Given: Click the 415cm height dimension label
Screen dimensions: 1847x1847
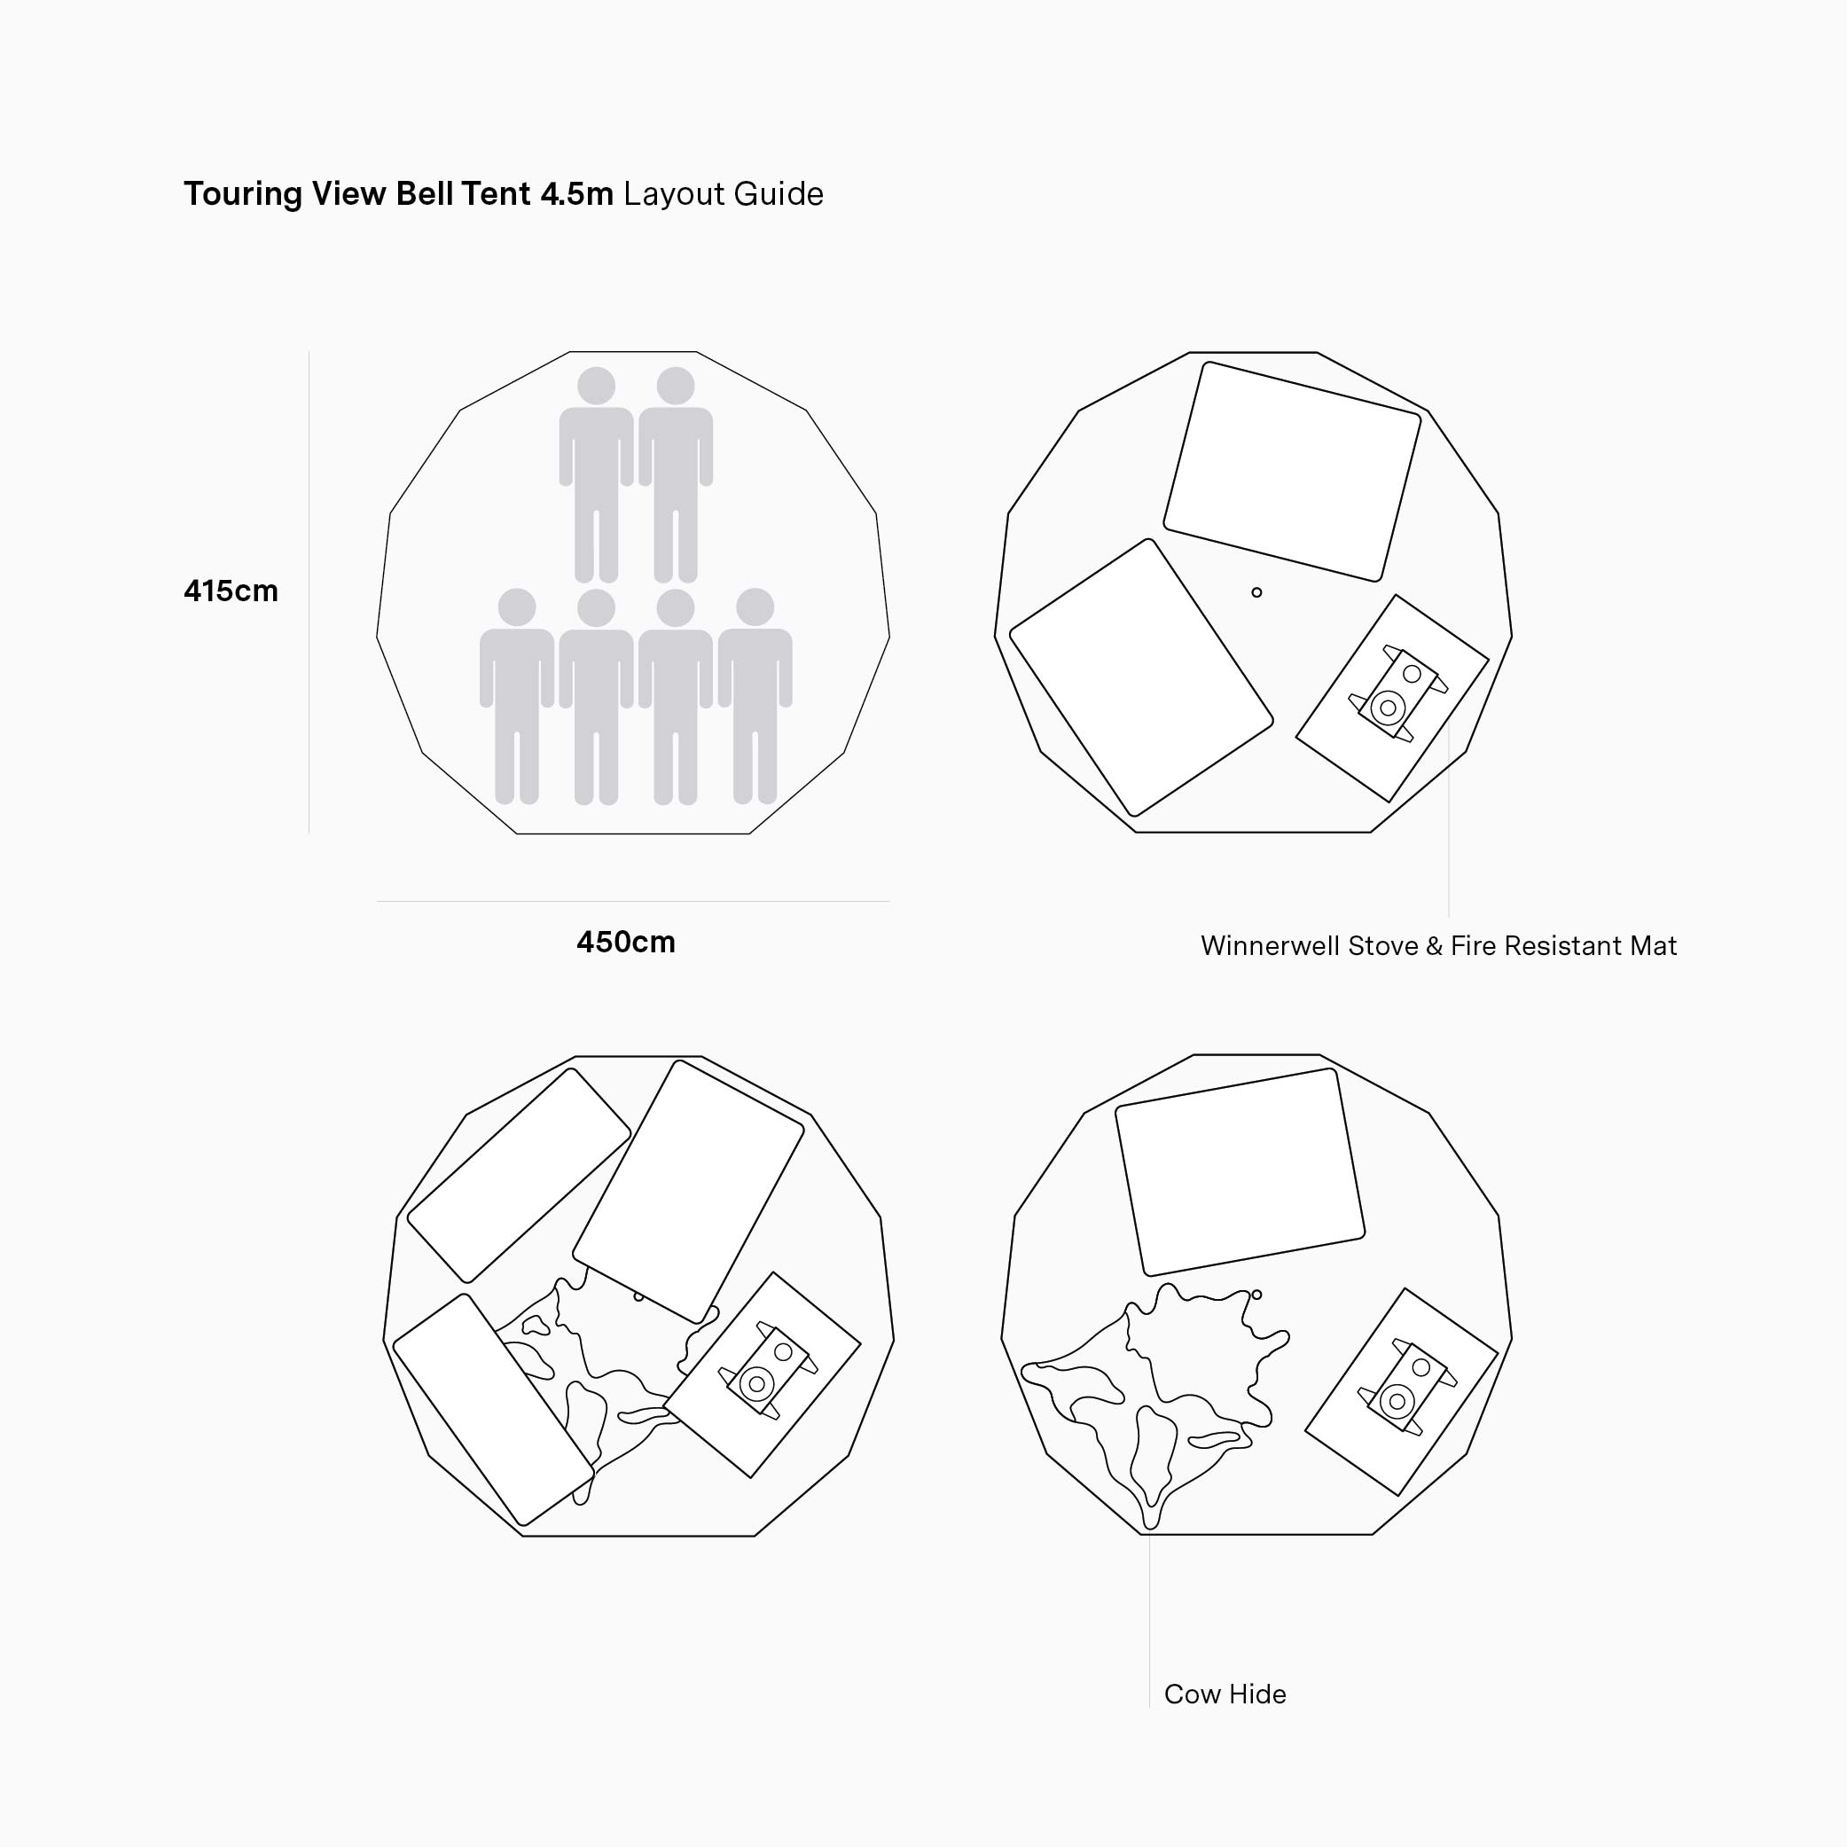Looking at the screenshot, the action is pyautogui.click(x=231, y=591).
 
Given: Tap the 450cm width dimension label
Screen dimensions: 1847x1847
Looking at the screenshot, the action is pyautogui.click(x=625, y=942).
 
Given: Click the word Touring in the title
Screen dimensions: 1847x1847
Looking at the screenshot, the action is pyautogui.click(x=243, y=194).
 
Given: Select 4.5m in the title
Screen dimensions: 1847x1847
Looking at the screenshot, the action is pyautogui.click(x=576, y=193).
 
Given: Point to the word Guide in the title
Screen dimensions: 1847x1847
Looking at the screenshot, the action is pyautogui.click(x=779, y=193).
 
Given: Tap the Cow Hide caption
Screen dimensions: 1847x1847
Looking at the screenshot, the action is pyautogui.click(x=1225, y=1694).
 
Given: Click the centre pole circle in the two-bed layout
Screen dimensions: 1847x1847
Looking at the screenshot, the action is pyautogui.click(x=1256, y=592).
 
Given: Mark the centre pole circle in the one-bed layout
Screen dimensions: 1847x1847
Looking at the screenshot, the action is pyautogui.click(x=1256, y=1295).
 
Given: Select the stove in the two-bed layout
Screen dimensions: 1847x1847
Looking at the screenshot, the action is pyautogui.click(x=1397, y=694).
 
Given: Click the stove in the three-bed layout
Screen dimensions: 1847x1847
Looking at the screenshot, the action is pyautogui.click(x=768, y=1370).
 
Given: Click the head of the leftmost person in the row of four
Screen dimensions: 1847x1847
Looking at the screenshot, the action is pyautogui.click(x=517, y=607).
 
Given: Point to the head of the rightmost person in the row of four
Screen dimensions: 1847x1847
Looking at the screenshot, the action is pyautogui.click(x=755, y=607).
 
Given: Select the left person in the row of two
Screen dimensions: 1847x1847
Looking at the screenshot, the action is pyautogui.click(x=597, y=475).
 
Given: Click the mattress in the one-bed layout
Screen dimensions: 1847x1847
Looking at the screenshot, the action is pyautogui.click(x=1240, y=1172).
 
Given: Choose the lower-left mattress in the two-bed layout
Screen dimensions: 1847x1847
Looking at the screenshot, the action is pyautogui.click(x=1141, y=677).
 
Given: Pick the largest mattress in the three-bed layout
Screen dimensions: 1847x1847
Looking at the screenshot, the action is pyautogui.click(x=688, y=1191).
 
